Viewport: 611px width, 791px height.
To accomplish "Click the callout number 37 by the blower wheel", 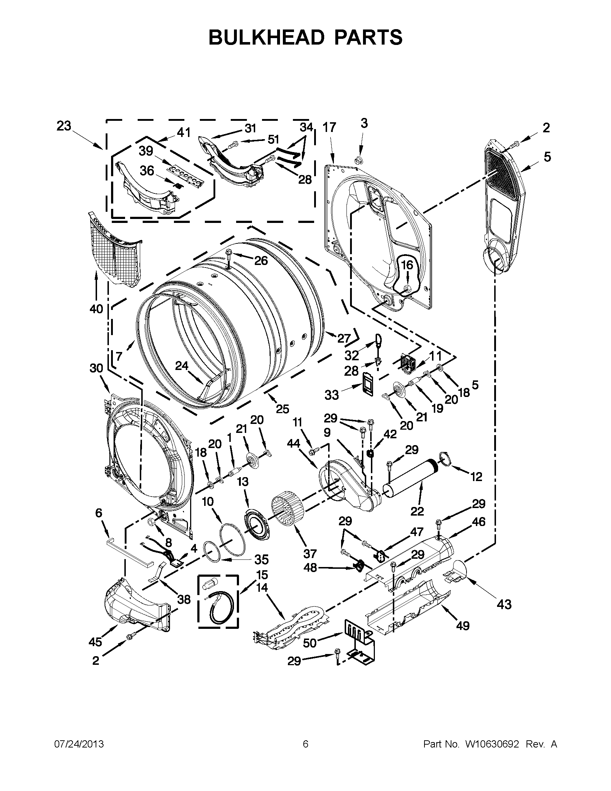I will point(310,553).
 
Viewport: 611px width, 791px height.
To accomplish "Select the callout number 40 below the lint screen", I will point(96,309).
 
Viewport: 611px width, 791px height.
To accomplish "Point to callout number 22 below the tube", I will point(417,511).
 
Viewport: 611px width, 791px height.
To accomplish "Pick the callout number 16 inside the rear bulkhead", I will point(407,265).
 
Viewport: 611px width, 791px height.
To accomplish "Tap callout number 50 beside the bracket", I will point(310,643).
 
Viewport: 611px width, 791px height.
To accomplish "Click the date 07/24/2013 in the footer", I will point(79,744).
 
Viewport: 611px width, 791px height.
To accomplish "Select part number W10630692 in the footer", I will point(492,744).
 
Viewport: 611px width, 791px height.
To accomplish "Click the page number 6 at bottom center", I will point(305,744).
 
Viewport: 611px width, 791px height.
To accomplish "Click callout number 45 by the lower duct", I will point(95,642).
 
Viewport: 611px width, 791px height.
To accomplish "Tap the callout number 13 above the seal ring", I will point(243,481).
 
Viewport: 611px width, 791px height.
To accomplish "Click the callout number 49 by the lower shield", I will point(463,626).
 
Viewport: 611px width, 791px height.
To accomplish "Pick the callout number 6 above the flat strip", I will point(98,513).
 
